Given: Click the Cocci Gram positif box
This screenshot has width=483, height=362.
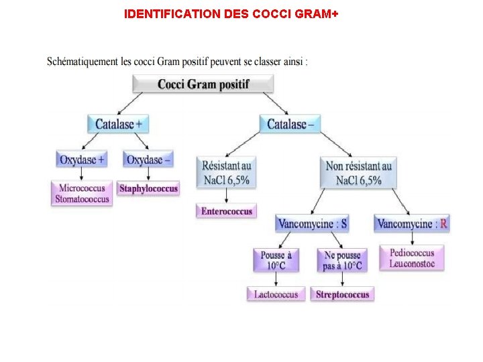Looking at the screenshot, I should point(203,84).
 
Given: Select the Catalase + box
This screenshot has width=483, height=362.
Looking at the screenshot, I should point(117,124).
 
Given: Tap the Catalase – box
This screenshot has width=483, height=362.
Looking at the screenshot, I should point(290,124).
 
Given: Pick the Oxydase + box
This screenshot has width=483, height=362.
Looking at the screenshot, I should point(82,160).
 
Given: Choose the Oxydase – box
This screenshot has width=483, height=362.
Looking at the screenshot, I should point(148,160).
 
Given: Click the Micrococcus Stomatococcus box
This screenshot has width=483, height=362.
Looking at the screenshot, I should point(82,194).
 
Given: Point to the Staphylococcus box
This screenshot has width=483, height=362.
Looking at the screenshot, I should point(148,188).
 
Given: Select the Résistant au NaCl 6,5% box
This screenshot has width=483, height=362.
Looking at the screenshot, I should point(226,172).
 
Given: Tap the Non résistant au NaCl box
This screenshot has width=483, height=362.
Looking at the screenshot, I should point(358,172).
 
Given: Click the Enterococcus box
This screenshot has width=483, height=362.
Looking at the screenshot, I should point(226,211).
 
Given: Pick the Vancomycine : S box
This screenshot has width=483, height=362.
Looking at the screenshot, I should point(313,224).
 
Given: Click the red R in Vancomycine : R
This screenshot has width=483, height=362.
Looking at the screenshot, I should point(443,224).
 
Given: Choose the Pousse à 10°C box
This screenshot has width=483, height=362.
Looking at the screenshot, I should point(276,260).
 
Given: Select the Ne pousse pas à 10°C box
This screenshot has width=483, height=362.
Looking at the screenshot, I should point(342,260).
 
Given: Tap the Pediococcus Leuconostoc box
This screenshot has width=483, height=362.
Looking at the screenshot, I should point(411,258).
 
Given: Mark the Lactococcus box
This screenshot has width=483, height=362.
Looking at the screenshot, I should point(276,294).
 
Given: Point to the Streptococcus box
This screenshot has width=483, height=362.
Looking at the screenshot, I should point(342,294).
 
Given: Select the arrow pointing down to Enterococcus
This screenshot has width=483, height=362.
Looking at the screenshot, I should point(226,196).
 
